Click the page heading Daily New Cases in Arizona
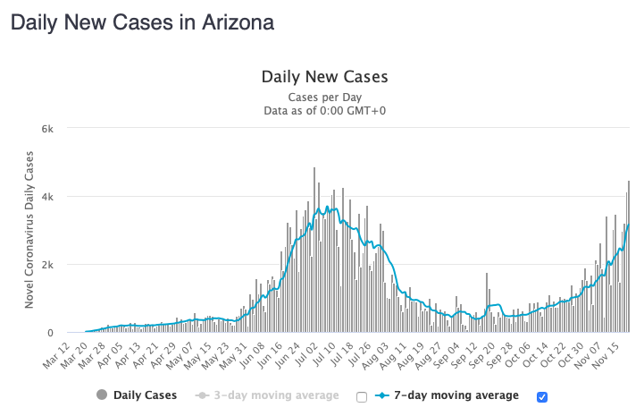142,21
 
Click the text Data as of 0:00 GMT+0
324,111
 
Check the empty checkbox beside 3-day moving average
362,396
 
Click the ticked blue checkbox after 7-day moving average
542,396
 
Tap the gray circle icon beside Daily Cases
101,395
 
